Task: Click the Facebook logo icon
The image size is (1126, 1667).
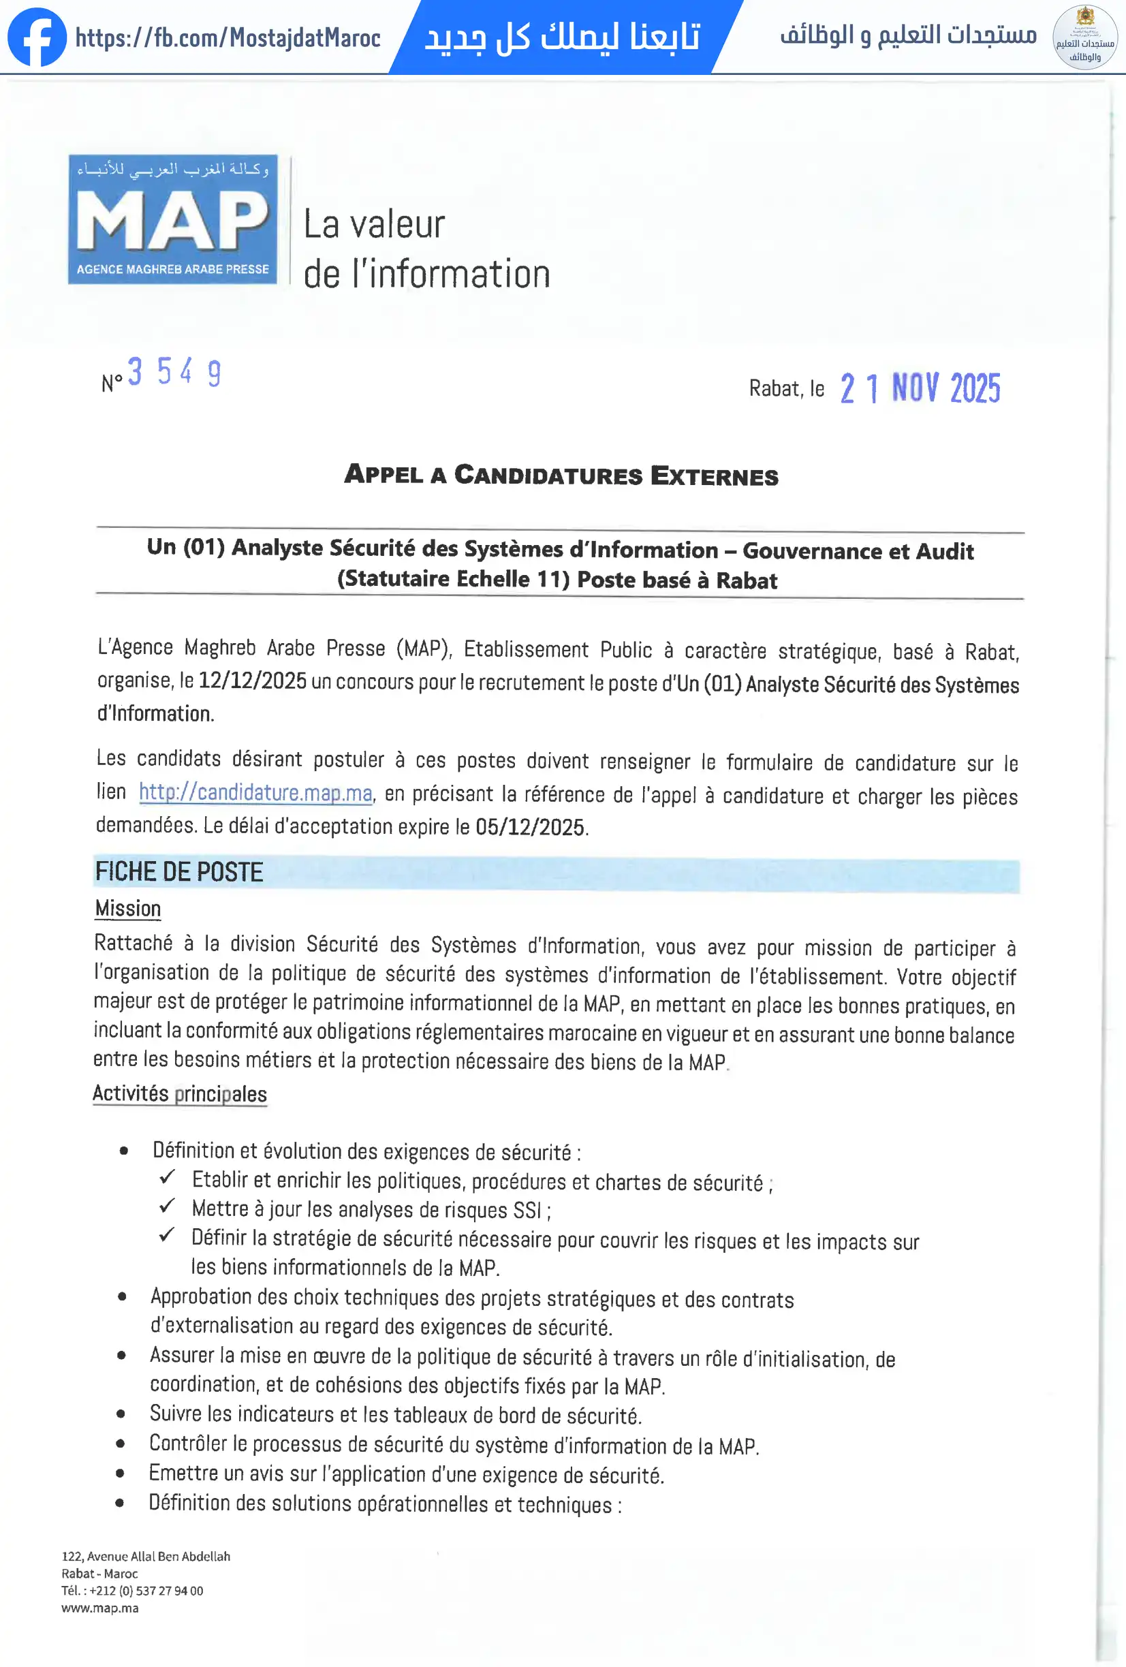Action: pyautogui.click(x=37, y=37)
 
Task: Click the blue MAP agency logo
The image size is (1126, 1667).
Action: pyautogui.click(x=172, y=219)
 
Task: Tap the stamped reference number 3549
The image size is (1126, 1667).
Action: pyautogui.click(x=174, y=372)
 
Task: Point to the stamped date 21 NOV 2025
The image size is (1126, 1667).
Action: pyautogui.click(x=920, y=388)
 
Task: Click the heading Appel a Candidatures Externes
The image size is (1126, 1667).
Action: pyautogui.click(x=561, y=475)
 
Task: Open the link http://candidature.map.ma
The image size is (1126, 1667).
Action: pyautogui.click(x=255, y=792)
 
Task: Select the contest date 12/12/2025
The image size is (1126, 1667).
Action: pyautogui.click(x=253, y=680)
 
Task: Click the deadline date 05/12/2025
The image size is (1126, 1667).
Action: pyautogui.click(x=530, y=827)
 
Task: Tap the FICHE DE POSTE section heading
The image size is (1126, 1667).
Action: pyautogui.click(x=179, y=872)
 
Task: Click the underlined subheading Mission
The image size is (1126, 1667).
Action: pyautogui.click(x=127, y=909)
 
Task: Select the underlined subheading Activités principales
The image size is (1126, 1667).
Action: pyautogui.click(x=179, y=1093)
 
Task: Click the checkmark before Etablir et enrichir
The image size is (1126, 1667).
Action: pyautogui.click(x=167, y=1177)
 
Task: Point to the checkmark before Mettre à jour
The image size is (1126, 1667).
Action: pyautogui.click(x=167, y=1206)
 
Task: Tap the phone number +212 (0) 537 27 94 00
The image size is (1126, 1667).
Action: pyautogui.click(x=146, y=1590)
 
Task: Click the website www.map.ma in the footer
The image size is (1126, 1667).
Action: pyautogui.click(x=99, y=1608)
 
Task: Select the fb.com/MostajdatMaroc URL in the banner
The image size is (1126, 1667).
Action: pyautogui.click(x=228, y=37)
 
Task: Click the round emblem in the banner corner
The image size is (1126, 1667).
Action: pyautogui.click(x=1084, y=37)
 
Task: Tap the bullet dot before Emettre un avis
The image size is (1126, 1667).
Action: pyautogui.click(x=120, y=1474)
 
